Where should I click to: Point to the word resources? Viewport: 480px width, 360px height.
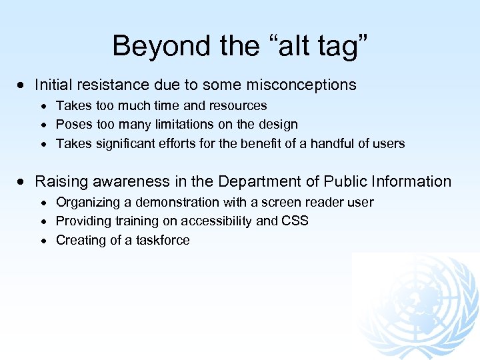237,105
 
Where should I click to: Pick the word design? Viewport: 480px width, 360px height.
279,124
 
